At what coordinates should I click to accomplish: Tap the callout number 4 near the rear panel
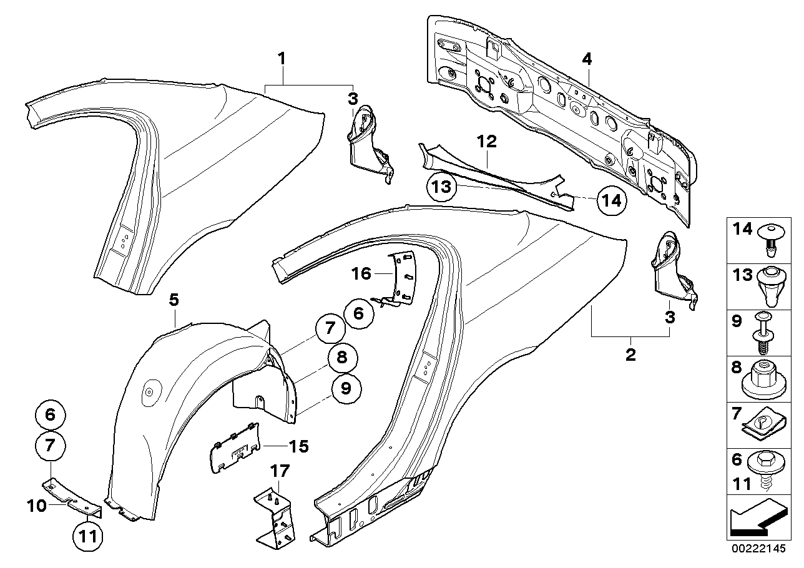click(x=586, y=59)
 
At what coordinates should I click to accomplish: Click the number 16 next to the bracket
click(x=361, y=273)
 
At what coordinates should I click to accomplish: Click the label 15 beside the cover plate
click(x=298, y=446)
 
